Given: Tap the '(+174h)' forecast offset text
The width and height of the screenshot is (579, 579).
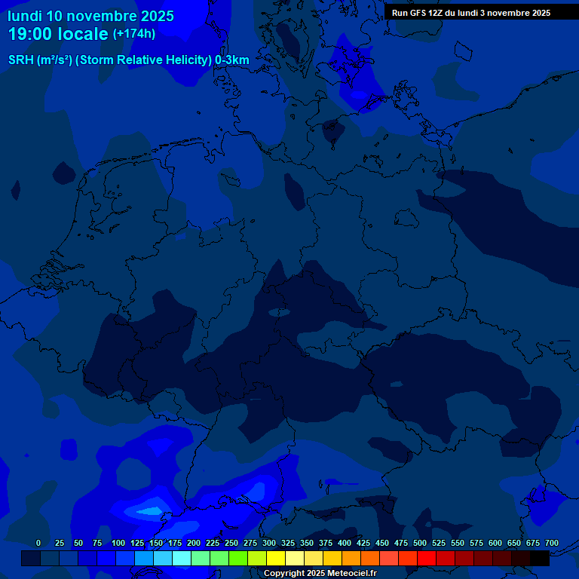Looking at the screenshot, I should coord(134,34).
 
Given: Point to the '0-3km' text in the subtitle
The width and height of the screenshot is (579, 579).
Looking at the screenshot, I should coord(231,60).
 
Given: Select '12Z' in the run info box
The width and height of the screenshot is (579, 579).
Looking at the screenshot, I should coord(436,13).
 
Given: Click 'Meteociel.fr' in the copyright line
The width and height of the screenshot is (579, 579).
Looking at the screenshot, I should coord(348,574).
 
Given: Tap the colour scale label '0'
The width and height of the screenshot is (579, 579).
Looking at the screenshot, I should coord(38,543).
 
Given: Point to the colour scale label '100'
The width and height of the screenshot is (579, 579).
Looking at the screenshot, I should coord(118,543).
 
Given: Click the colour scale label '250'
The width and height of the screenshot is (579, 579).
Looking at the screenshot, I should coord(231,543).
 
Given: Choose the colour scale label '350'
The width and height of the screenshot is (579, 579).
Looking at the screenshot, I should coord(307,543).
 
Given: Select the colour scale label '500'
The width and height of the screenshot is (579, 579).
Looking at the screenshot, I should coord(420,543).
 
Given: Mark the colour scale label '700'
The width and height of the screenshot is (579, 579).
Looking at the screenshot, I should coord(552,543).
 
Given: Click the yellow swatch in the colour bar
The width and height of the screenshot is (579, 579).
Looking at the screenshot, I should coord(276,559).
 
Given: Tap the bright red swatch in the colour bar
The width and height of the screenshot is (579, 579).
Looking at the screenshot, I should coord(427,559).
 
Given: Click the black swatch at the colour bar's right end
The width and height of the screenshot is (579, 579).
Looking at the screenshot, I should coord(540,559).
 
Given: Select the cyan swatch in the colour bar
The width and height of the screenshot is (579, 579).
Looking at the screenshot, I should coord(182,559).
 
